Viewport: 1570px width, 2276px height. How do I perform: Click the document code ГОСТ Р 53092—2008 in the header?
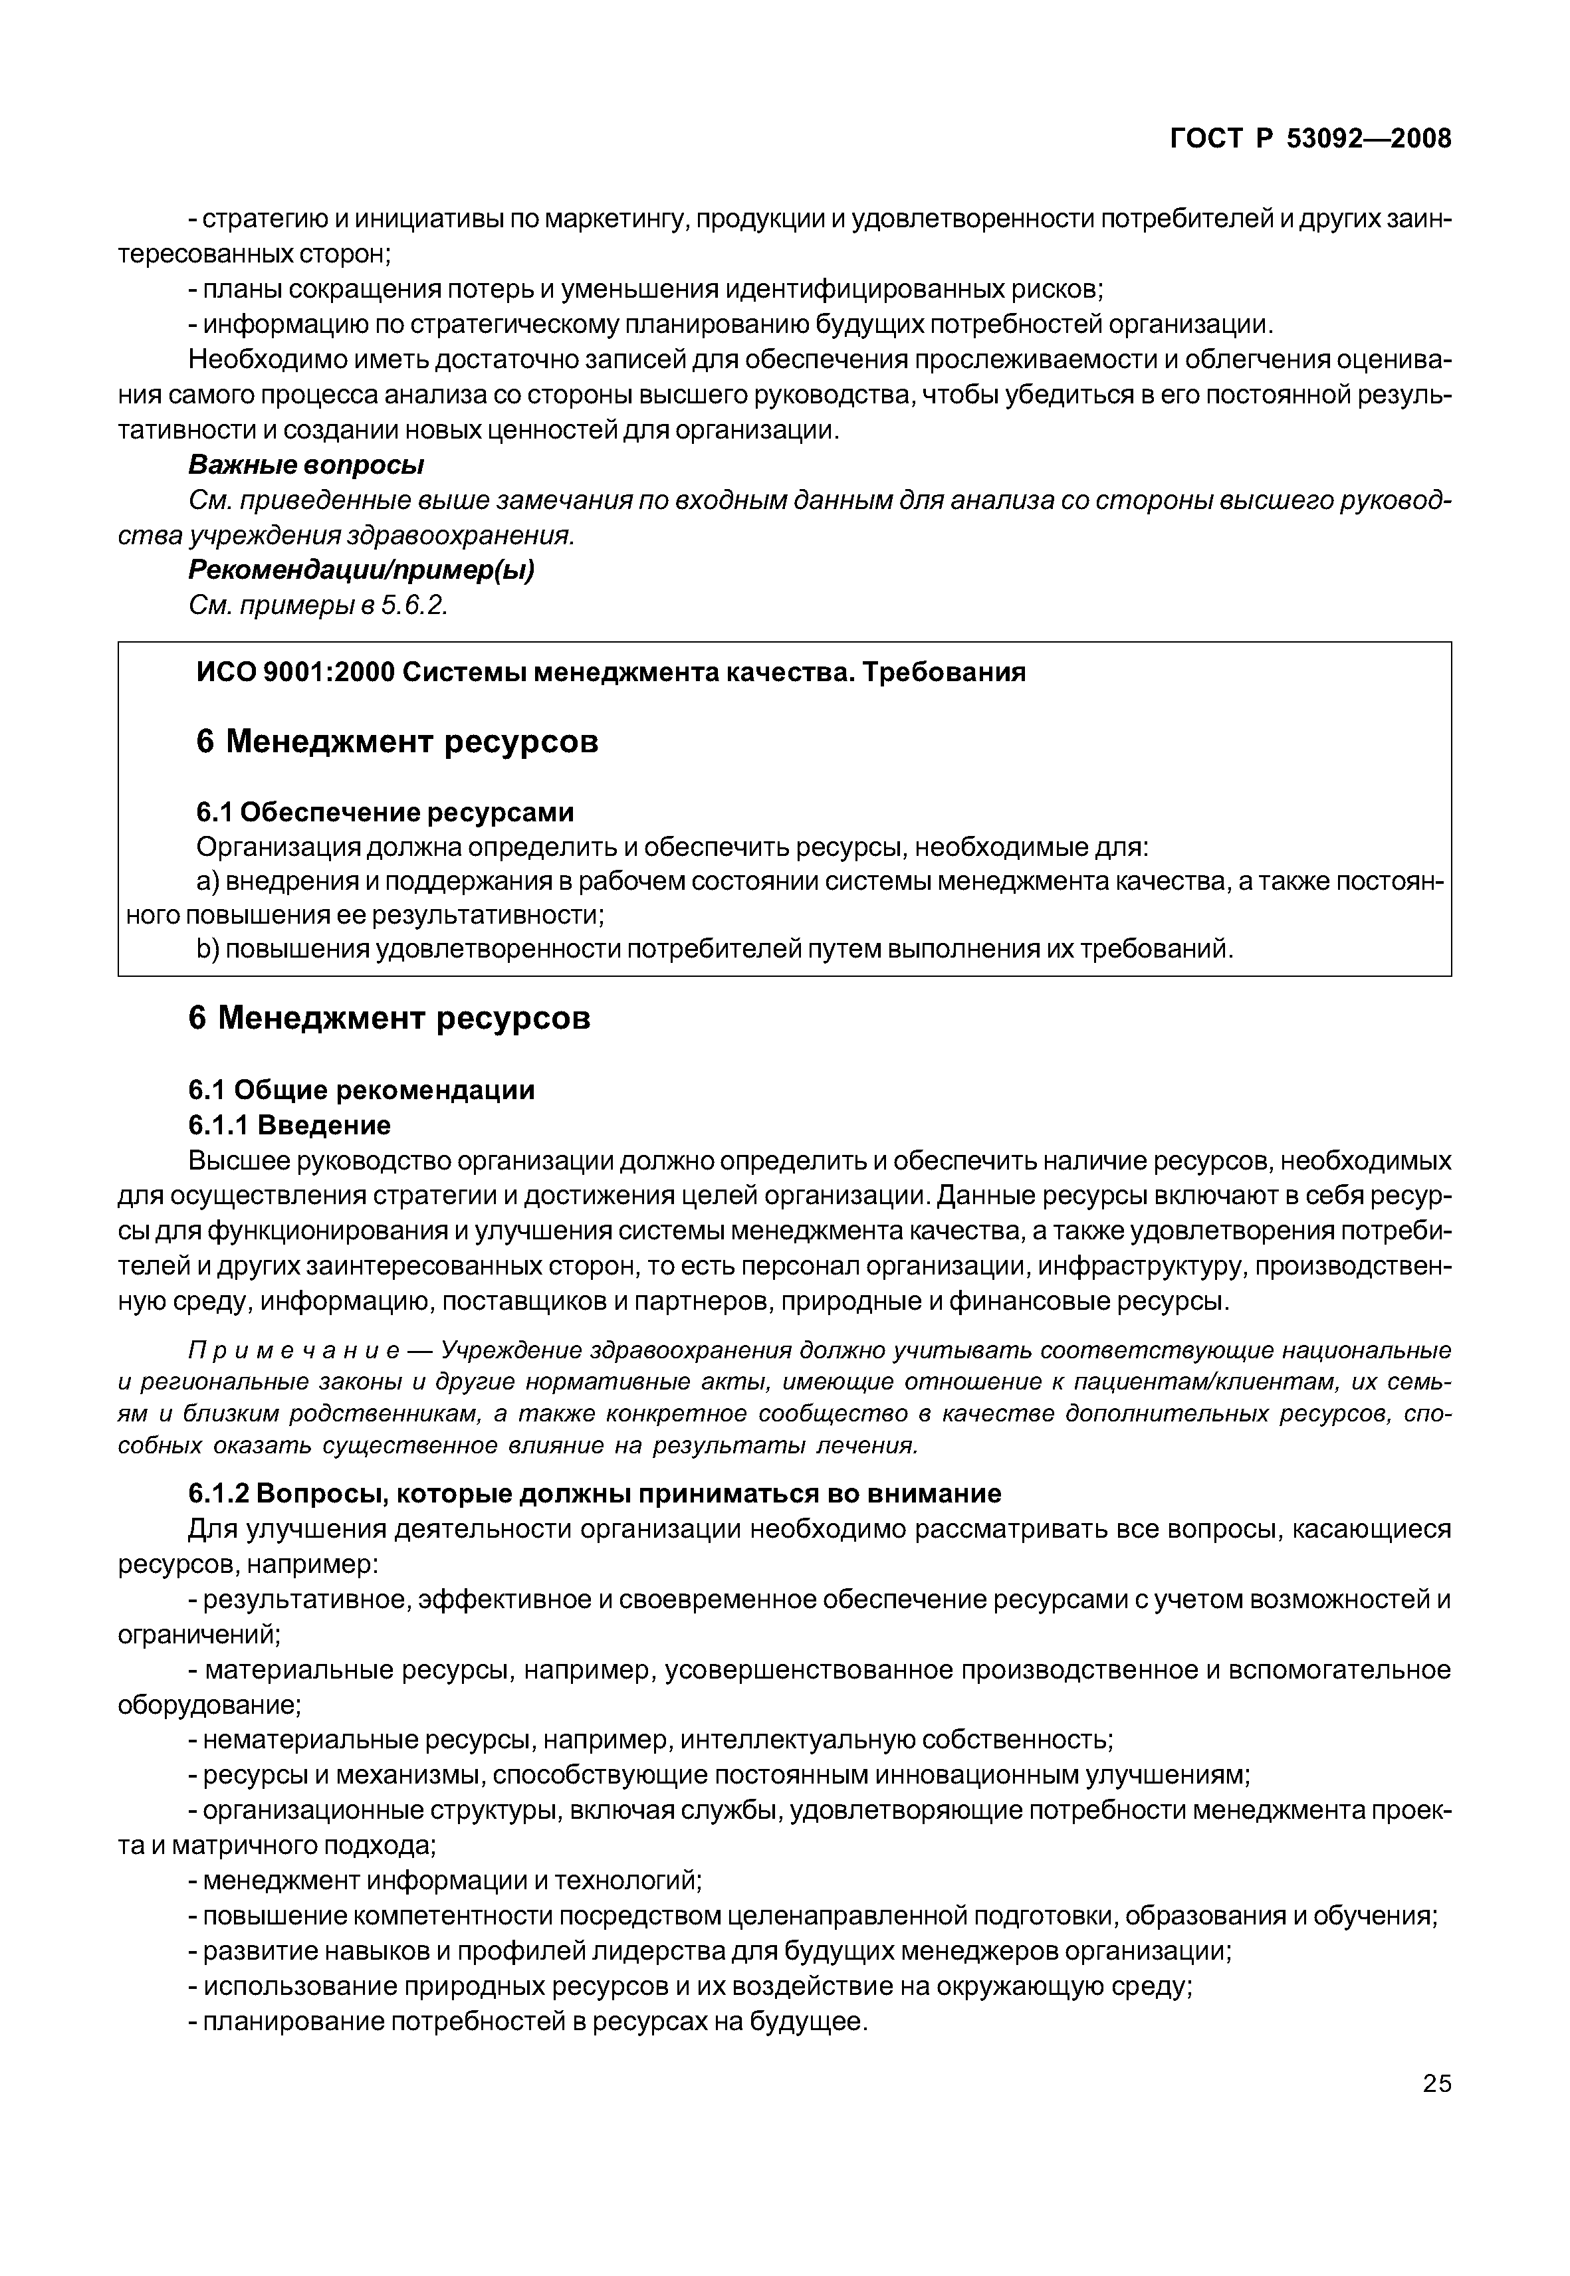[x=1309, y=140]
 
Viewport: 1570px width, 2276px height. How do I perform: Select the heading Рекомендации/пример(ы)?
[x=361, y=570]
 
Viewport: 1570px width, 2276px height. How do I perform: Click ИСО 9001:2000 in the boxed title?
[x=295, y=672]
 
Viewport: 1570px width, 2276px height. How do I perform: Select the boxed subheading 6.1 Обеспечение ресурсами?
[x=385, y=813]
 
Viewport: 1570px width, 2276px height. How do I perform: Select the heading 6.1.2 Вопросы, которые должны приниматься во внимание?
[x=594, y=1494]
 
